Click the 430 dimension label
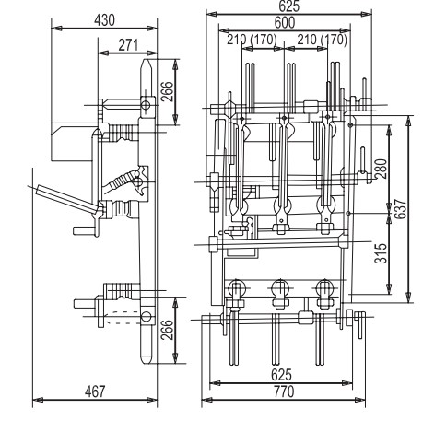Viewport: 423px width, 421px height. pos(106,19)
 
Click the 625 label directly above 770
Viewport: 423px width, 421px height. pos(285,375)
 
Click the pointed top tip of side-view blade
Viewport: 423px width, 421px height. pos(146,62)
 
